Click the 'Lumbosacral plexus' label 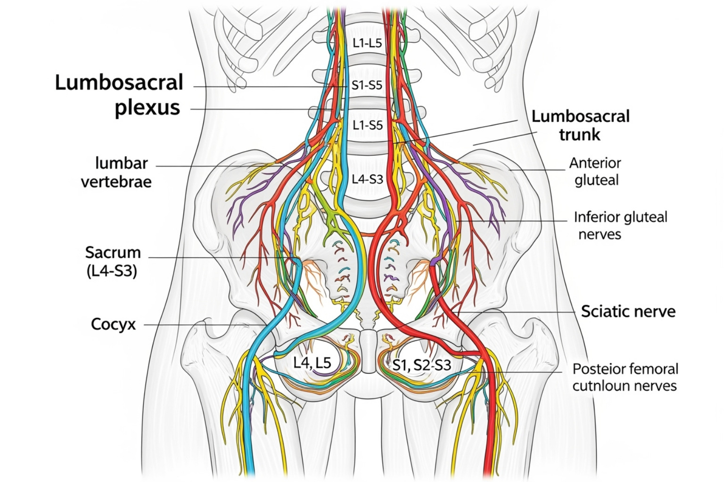[x=119, y=95]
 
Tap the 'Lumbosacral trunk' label [x=580, y=125]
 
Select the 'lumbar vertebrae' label [x=116, y=172]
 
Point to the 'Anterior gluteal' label [x=595, y=171]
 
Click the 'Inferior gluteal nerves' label [x=620, y=225]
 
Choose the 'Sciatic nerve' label [x=628, y=311]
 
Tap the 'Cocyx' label [x=113, y=324]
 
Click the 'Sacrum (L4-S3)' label [x=113, y=261]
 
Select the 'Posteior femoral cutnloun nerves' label [x=625, y=377]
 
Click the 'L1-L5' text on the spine [x=367, y=43]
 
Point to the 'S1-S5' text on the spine [x=367, y=86]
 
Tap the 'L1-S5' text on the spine [x=368, y=125]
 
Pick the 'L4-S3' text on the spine [x=368, y=179]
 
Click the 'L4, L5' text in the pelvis [x=312, y=362]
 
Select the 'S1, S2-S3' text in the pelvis [x=422, y=365]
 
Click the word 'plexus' [x=148, y=107]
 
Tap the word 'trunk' [x=580, y=135]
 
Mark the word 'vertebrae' [x=116, y=182]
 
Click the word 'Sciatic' [x=605, y=311]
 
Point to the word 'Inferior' [x=595, y=217]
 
